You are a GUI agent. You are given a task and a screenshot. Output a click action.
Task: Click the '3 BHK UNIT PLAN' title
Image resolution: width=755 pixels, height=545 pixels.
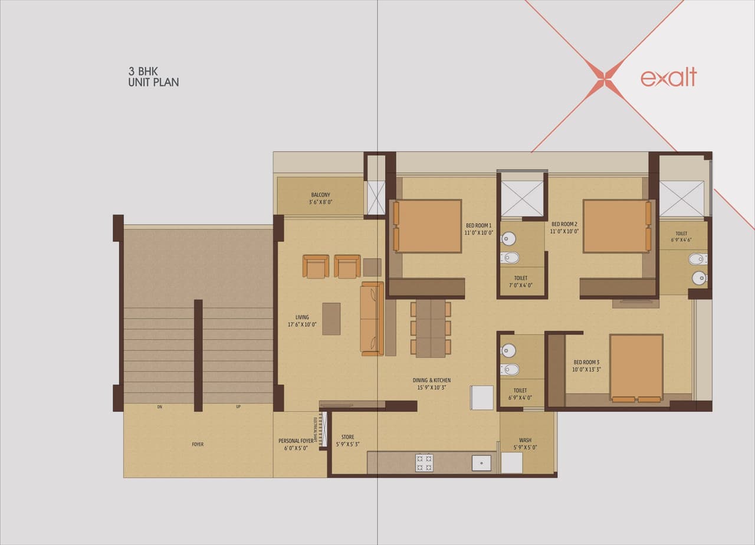click(x=153, y=77)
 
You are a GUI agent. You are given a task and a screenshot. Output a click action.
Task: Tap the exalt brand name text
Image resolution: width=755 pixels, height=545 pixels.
click(x=668, y=77)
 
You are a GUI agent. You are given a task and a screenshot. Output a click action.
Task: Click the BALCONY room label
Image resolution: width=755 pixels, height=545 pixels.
click(x=320, y=198)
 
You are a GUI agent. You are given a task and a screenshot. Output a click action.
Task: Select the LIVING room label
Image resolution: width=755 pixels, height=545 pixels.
click(x=302, y=321)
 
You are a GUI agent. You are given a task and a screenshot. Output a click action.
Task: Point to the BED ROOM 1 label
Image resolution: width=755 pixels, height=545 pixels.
click(x=478, y=229)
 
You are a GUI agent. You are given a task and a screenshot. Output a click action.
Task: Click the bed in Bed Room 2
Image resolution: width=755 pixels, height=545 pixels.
click(x=617, y=226)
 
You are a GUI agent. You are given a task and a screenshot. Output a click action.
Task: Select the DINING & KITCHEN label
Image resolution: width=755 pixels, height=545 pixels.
click(x=431, y=384)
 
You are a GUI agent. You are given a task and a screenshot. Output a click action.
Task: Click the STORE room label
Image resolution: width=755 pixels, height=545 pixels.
click(x=347, y=441)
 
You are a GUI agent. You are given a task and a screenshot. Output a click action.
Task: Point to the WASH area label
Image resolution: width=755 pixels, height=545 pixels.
click(x=525, y=444)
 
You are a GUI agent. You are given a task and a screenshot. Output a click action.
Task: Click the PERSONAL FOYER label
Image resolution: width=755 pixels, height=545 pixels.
click(x=296, y=444)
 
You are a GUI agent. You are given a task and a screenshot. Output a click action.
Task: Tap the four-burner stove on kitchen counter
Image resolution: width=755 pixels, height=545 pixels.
click(x=424, y=463)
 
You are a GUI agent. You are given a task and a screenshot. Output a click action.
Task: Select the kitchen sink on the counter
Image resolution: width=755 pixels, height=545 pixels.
click(x=481, y=463)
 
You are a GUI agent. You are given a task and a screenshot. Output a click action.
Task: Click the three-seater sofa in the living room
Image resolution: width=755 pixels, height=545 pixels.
click(x=372, y=319)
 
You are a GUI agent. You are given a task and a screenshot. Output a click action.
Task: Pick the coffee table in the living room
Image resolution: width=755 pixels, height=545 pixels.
click(x=331, y=319)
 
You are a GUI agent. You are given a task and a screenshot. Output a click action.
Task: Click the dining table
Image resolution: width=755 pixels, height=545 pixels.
click(x=431, y=328)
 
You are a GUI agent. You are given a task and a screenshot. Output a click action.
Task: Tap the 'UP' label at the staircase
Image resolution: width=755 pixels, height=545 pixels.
click(x=238, y=407)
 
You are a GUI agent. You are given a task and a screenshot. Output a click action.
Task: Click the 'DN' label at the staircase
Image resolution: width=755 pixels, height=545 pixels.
click(x=159, y=407)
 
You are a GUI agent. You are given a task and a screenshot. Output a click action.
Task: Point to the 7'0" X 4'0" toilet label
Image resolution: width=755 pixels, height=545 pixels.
click(x=520, y=281)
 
